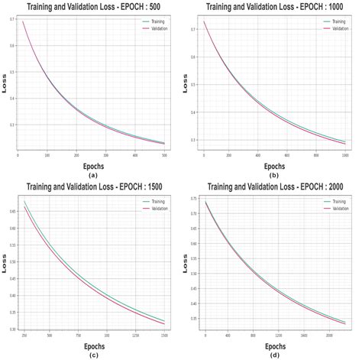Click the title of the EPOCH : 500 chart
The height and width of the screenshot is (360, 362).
click(x=92, y=5)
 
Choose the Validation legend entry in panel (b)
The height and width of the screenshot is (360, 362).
click(x=333, y=29)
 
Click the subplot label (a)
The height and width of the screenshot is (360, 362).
click(x=93, y=174)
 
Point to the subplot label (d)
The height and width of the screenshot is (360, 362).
click(x=273, y=354)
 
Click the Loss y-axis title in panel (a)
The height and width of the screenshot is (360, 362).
click(x=4, y=86)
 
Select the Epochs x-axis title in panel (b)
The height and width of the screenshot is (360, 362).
click(x=273, y=165)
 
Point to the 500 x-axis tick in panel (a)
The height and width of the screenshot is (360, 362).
click(x=163, y=155)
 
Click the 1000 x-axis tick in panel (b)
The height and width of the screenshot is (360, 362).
click(x=344, y=155)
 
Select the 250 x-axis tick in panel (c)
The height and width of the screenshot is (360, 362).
click(x=24, y=335)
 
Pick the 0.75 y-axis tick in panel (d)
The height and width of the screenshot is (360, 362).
click(x=196, y=198)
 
